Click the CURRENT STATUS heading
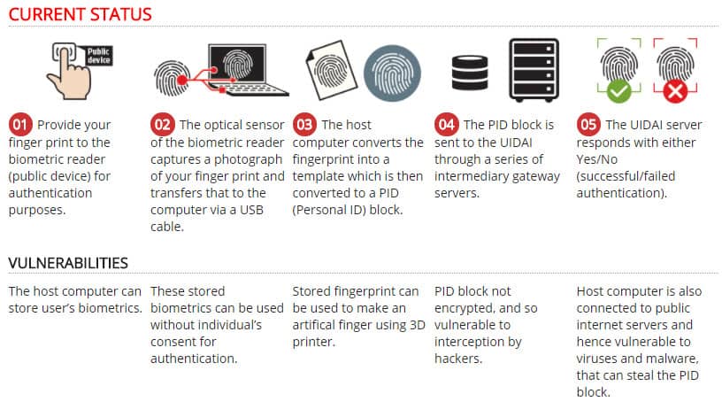[x=81, y=14]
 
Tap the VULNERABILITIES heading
[x=68, y=263]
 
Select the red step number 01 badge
[x=20, y=125]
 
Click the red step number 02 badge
[x=162, y=125]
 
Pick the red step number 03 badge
[x=304, y=125]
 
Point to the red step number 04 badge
[x=446, y=125]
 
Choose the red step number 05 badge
[x=588, y=125]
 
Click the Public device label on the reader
[x=99, y=55]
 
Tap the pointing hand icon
[x=69, y=73]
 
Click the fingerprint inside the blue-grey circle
[x=392, y=73]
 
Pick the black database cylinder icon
[x=470, y=73]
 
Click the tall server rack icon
[x=534, y=70]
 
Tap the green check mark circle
[x=618, y=91]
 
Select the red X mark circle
[x=675, y=91]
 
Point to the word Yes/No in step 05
[x=596, y=159]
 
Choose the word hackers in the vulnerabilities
[x=458, y=359]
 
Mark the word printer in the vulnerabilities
[x=313, y=342]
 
